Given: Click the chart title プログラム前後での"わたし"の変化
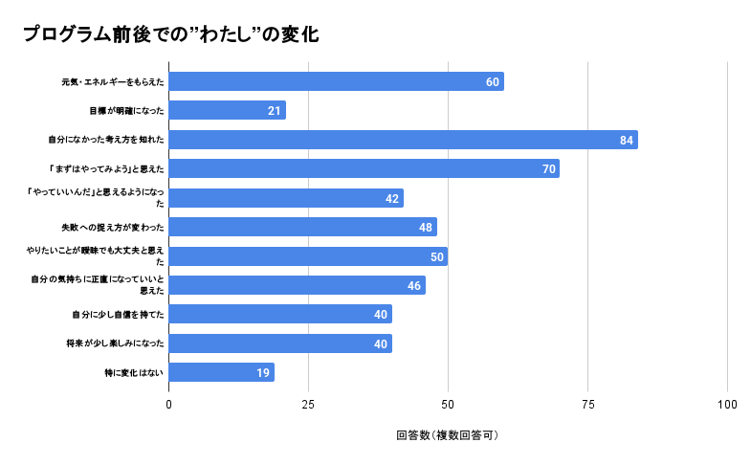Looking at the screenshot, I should [x=170, y=34].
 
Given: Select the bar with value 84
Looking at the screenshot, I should [x=403, y=140].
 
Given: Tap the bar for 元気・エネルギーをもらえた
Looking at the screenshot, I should [x=336, y=81].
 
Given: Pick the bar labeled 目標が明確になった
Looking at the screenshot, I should [x=227, y=110].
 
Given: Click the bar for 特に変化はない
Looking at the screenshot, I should [x=221, y=372].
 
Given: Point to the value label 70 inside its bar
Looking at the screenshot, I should [x=549, y=169].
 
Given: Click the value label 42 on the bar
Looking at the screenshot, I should [x=392, y=198].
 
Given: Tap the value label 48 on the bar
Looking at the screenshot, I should [x=426, y=228].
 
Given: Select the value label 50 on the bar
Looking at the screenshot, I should [x=437, y=256].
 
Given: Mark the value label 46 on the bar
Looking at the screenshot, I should [x=414, y=285].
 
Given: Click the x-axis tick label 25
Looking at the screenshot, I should [x=308, y=405].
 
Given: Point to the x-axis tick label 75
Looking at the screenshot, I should [x=587, y=405].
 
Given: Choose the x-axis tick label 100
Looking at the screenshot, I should [x=727, y=405].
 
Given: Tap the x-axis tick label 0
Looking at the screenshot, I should [x=169, y=405].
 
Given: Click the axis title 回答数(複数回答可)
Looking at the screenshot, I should [x=448, y=435].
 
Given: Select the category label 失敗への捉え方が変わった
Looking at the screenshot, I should [x=112, y=228].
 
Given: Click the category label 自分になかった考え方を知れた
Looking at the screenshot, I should [x=106, y=140].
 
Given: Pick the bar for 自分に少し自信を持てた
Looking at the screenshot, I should [x=280, y=314].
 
